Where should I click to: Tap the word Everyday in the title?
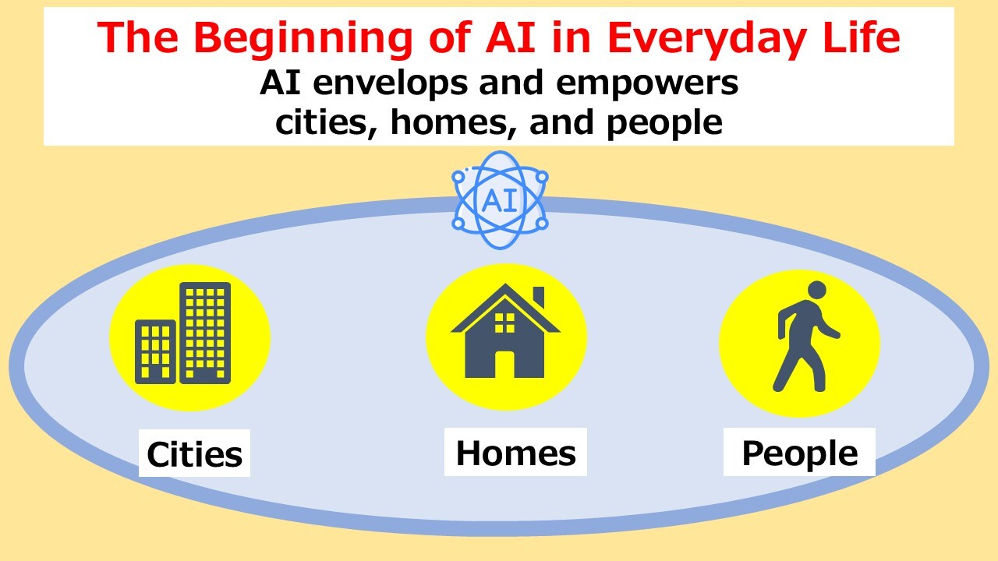(706, 39)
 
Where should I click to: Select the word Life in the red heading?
(862, 37)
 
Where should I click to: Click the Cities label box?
(194, 453)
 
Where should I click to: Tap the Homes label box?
(515, 452)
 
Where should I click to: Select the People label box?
(799, 452)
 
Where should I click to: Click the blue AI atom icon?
(500, 200)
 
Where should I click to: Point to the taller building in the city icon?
(205, 333)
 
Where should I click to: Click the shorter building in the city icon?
(155, 351)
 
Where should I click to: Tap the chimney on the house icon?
(539, 297)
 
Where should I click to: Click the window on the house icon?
(504, 323)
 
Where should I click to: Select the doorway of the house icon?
(504, 365)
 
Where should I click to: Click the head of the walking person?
(816, 291)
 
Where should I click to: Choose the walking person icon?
(805, 336)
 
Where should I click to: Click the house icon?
(504, 331)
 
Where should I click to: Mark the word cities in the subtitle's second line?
(323, 122)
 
